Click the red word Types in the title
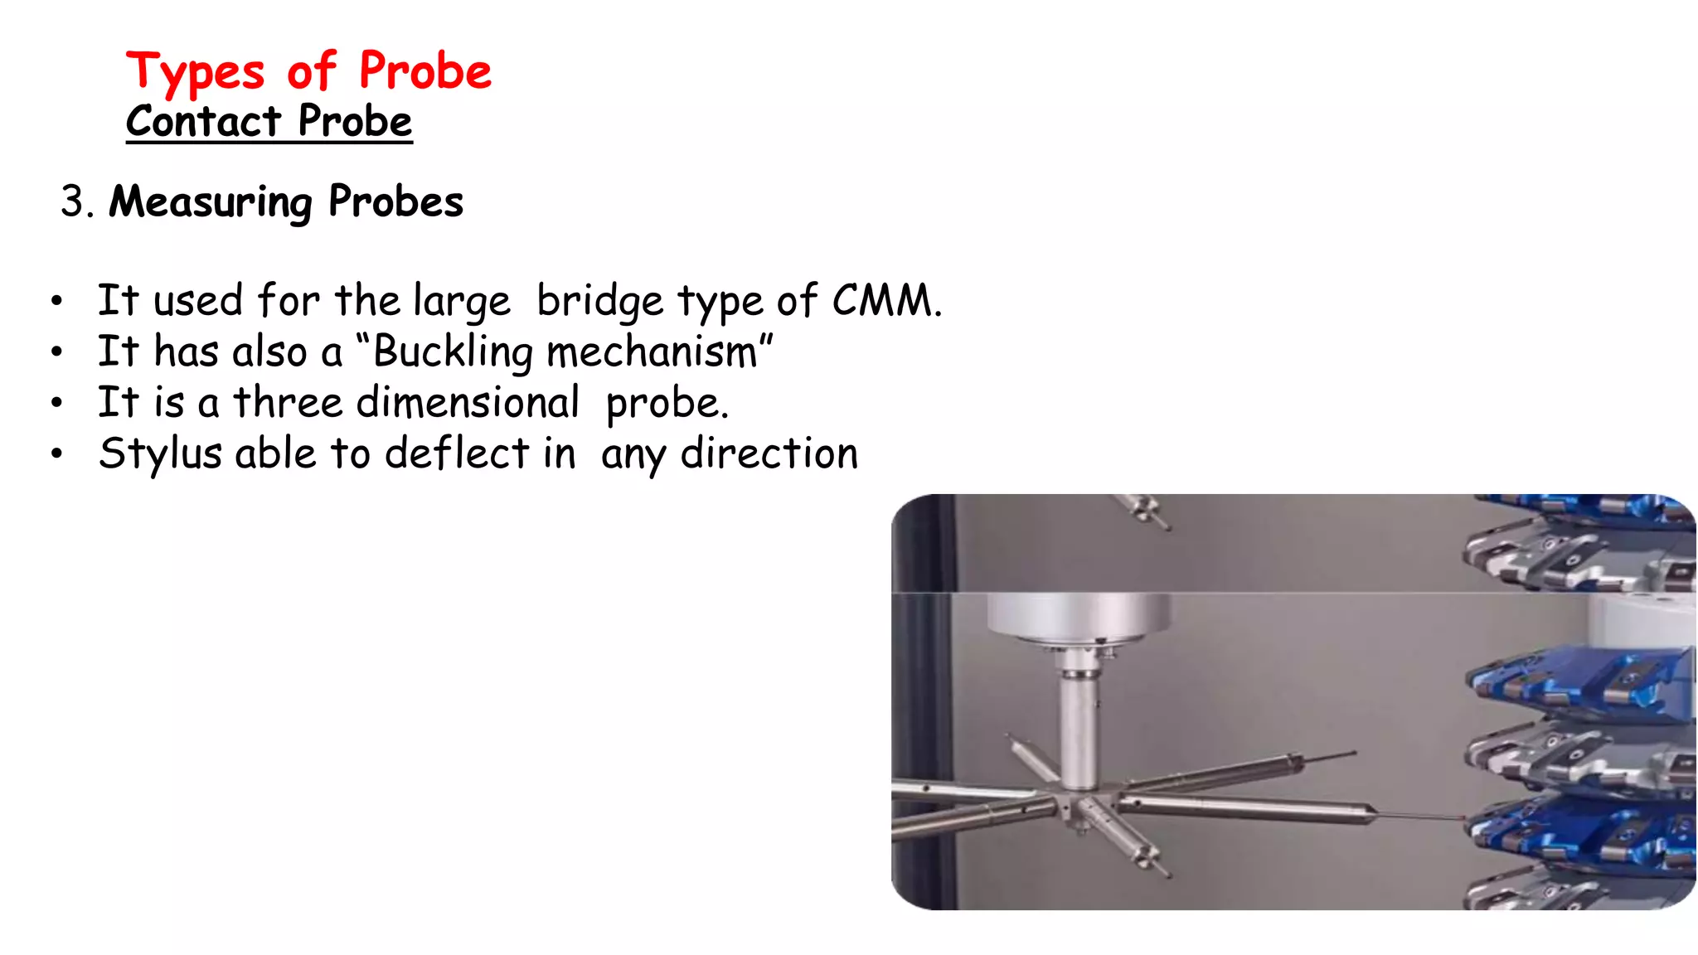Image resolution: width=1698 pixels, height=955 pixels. click(x=195, y=72)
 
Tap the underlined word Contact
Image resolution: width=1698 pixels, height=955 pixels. click(x=203, y=122)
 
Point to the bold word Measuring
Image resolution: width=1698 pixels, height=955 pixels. click(x=211, y=201)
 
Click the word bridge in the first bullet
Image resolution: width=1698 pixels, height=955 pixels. click(x=599, y=300)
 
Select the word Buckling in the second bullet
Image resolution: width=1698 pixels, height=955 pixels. click(x=453, y=351)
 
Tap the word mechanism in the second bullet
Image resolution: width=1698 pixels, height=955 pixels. click(x=652, y=351)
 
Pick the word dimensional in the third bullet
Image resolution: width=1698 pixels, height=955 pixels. click(x=467, y=402)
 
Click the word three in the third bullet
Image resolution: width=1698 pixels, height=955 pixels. click(x=288, y=402)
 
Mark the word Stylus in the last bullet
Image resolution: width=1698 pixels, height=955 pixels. click(x=160, y=453)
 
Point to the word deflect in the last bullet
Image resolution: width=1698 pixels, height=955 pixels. click(x=457, y=453)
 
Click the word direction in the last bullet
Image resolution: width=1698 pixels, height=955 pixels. click(x=769, y=453)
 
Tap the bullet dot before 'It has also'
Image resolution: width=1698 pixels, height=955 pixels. click(x=56, y=351)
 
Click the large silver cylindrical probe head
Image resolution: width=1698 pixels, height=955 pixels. click(x=1078, y=618)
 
